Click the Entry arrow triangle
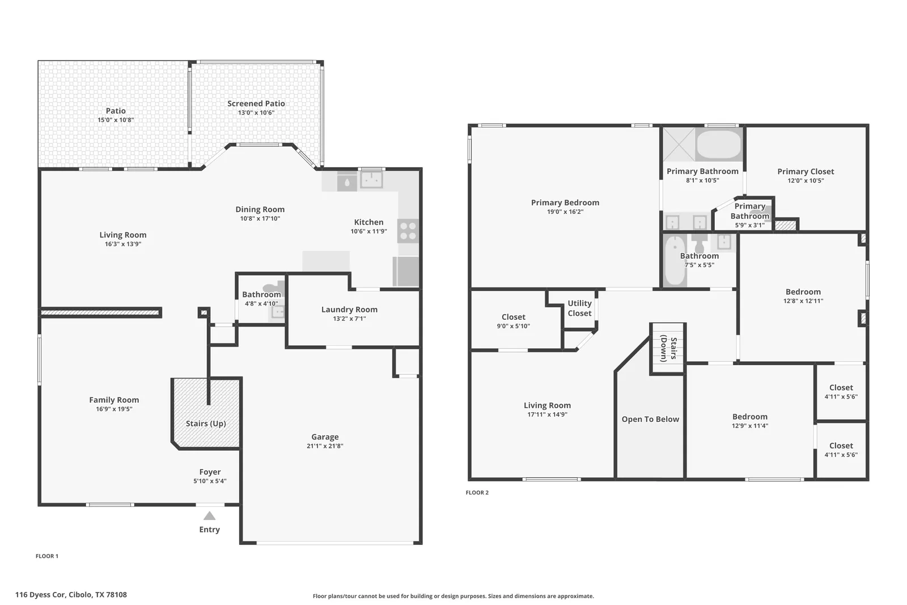[209, 515]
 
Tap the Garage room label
[325, 437]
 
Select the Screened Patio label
[256, 104]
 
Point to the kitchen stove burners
[408, 231]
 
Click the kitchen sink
[371, 180]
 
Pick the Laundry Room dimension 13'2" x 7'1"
[349, 319]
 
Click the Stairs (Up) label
[206, 424]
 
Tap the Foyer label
[210, 472]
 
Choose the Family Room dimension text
[114, 409]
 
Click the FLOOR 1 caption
[47, 556]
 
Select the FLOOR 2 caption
[477, 492]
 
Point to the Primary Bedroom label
[565, 202]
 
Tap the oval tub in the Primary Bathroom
[719, 144]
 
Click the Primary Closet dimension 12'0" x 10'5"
[806, 181]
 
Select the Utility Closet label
[579, 308]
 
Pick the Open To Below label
[650, 419]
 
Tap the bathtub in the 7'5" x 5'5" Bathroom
[675, 260]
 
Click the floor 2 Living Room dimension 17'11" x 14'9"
[547, 414]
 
